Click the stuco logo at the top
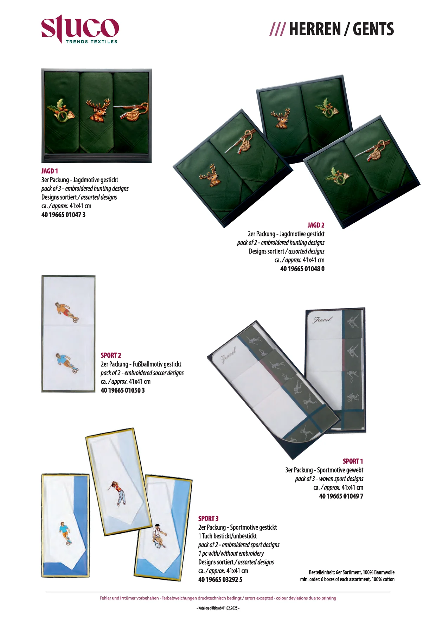point(80,29)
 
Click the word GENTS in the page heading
point(373,29)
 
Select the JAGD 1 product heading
point(50,171)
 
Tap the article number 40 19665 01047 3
point(63,215)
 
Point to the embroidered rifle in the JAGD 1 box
point(131,112)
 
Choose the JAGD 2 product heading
point(316,225)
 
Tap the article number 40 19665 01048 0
point(302,269)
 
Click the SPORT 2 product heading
point(111,355)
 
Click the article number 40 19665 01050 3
point(123,390)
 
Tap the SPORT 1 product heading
point(353,461)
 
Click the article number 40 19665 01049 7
point(341,496)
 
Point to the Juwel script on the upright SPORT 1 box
point(322,319)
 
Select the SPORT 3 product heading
point(208,519)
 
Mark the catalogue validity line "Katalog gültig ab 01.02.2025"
point(218,608)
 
